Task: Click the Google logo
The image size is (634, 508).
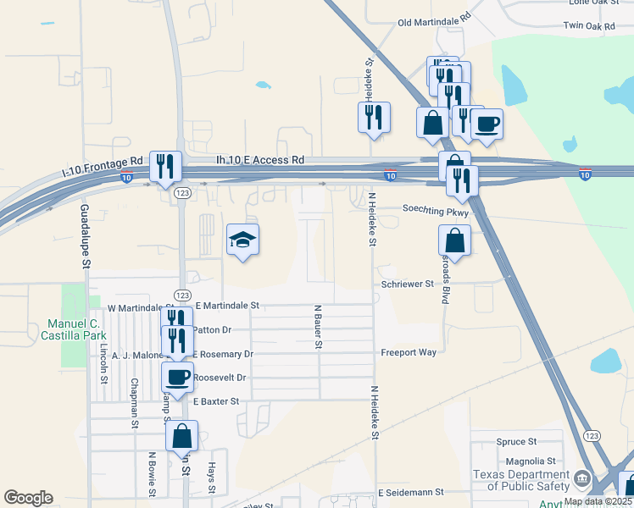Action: pos(28,497)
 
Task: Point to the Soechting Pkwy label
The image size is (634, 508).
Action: pos(435,209)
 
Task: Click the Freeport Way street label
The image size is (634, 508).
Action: pos(409,352)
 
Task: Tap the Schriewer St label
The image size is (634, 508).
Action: pos(408,284)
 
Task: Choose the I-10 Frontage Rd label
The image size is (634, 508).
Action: pos(103,161)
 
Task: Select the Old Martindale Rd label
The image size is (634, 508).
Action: pos(434,19)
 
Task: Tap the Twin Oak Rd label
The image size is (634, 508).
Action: pos(591,26)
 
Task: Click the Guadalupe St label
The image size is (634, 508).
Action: pos(86,236)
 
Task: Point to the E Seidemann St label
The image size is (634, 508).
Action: pos(411,492)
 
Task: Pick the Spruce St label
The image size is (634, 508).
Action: pos(516,442)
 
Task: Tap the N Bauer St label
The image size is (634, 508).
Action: pos(319,327)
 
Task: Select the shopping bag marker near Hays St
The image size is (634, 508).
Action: pos(181,436)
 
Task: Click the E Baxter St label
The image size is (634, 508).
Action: pos(216,400)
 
